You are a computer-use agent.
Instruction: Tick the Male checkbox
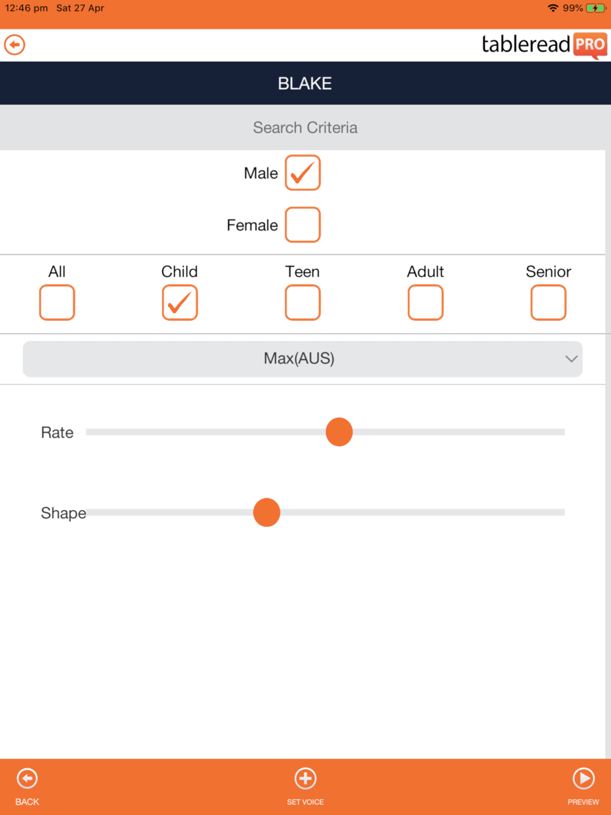[x=302, y=173]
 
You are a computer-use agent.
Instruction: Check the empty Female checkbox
[x=302, y=225]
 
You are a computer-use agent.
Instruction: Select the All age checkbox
[x=57, y=302]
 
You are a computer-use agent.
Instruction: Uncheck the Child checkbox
[x=180, y=302]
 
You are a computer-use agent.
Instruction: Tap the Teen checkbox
[x=302, y=302]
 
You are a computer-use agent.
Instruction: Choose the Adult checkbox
[x=425, y=302]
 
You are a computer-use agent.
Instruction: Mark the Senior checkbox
[x=548, y=302]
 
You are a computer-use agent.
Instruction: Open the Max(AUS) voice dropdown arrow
[x=571, y=359]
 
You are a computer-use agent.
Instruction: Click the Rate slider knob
[x=339, y=432]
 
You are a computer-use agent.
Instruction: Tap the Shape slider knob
[x=266, y=513]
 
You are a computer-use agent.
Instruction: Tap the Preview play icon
[x=583, y=778]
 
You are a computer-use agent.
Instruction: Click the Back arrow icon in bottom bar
[x=27, y=778]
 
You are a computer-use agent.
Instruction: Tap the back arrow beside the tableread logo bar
[x=15, y=45]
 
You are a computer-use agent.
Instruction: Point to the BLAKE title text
[x=305, y=84]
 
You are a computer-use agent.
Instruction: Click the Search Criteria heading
[x=305, y=128]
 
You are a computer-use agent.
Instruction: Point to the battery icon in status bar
[x=596, y=8]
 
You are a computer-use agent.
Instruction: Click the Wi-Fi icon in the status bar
[x=553, y=8]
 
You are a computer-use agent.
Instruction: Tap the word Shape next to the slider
[x=64, y=513]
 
